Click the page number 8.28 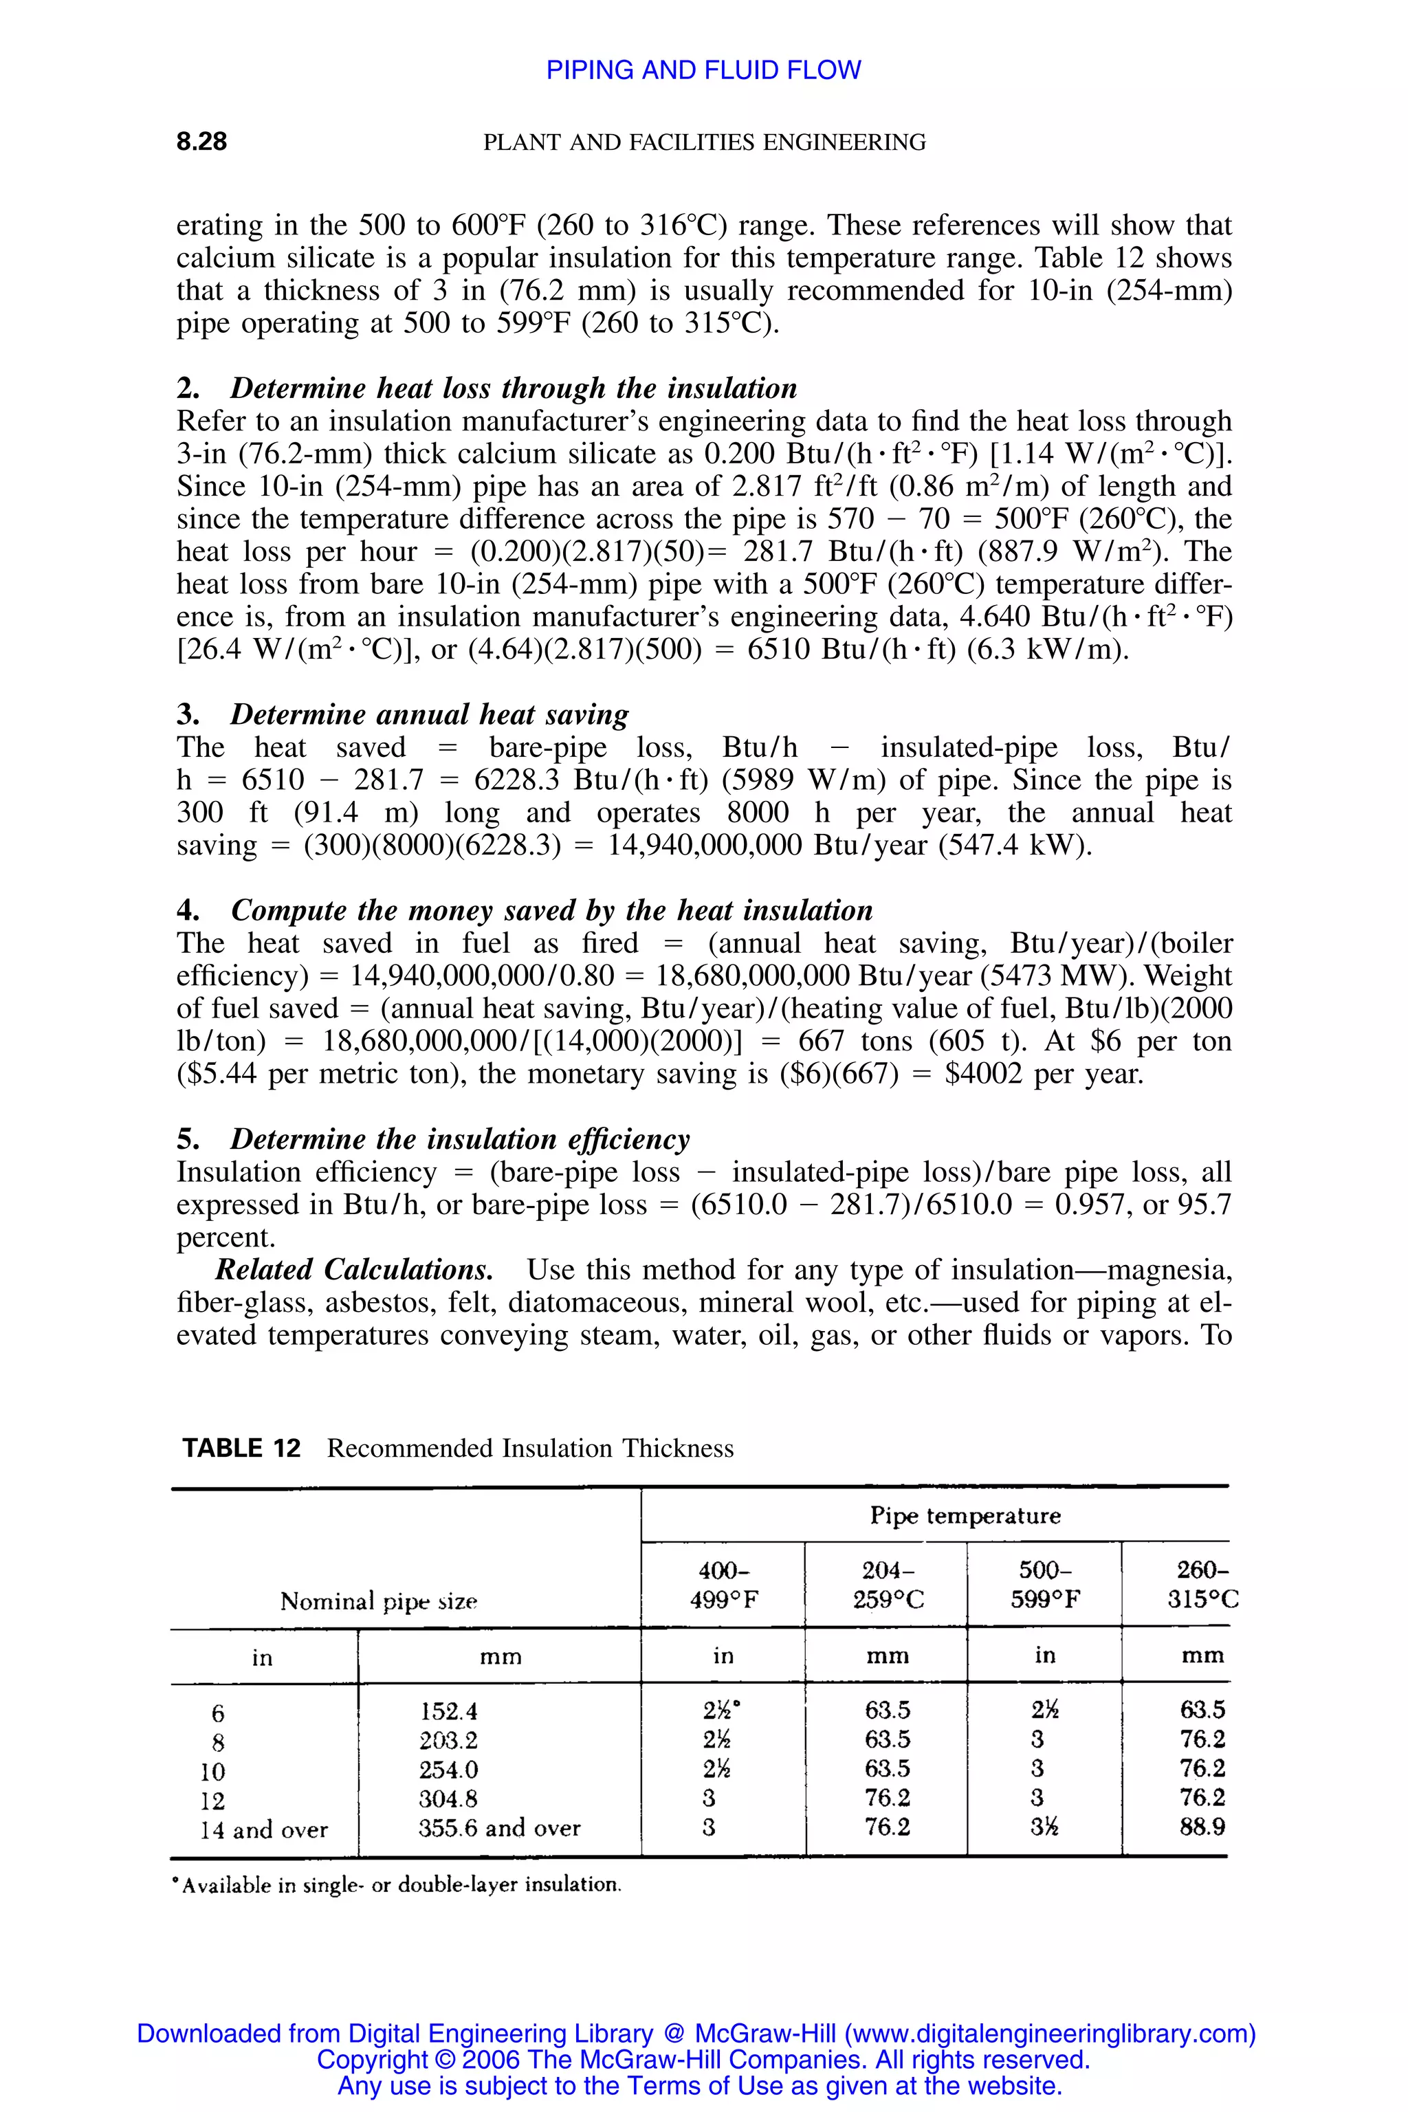(x=201, y=142)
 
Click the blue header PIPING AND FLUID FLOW (x=703, y=70)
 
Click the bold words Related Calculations (x=354, y=1270)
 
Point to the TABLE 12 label (x=241, y=1449)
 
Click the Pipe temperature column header (x=965, y=1516)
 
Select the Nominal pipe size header (x=378, y=1601)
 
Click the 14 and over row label (x=263, y=1830)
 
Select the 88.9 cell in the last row (x=1202, y=1827)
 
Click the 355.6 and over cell (x=499, y=1828)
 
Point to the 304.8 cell (x=448, y=1799)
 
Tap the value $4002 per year (x=1044, y=1074)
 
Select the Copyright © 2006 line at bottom (x=703, y=2059)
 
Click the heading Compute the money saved (x=551, y=910)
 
